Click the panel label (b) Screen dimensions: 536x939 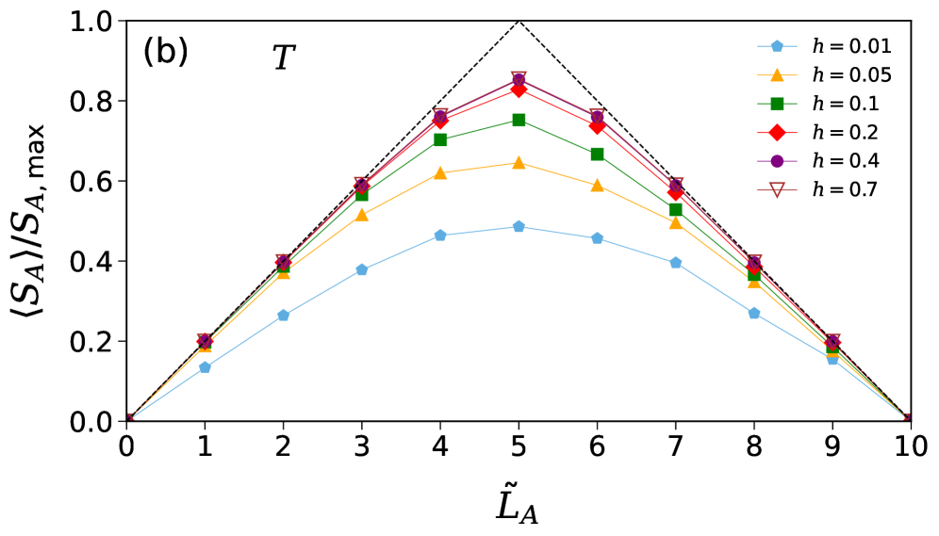(x=165, y=53)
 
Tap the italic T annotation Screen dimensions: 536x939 (x=283, y=59)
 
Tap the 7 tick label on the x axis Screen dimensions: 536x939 (x=675, y=444)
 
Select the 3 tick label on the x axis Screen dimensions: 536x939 (x=362, y=444)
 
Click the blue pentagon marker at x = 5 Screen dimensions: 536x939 (x=519, y=226)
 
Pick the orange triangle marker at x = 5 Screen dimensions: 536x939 (x=519, y=163)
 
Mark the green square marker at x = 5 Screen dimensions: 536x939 (x=519, y=120)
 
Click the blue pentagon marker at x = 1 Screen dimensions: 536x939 (x=205, y=367)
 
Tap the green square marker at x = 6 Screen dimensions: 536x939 (x=597, y=154)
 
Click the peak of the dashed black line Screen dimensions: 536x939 (x=519, y=21)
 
